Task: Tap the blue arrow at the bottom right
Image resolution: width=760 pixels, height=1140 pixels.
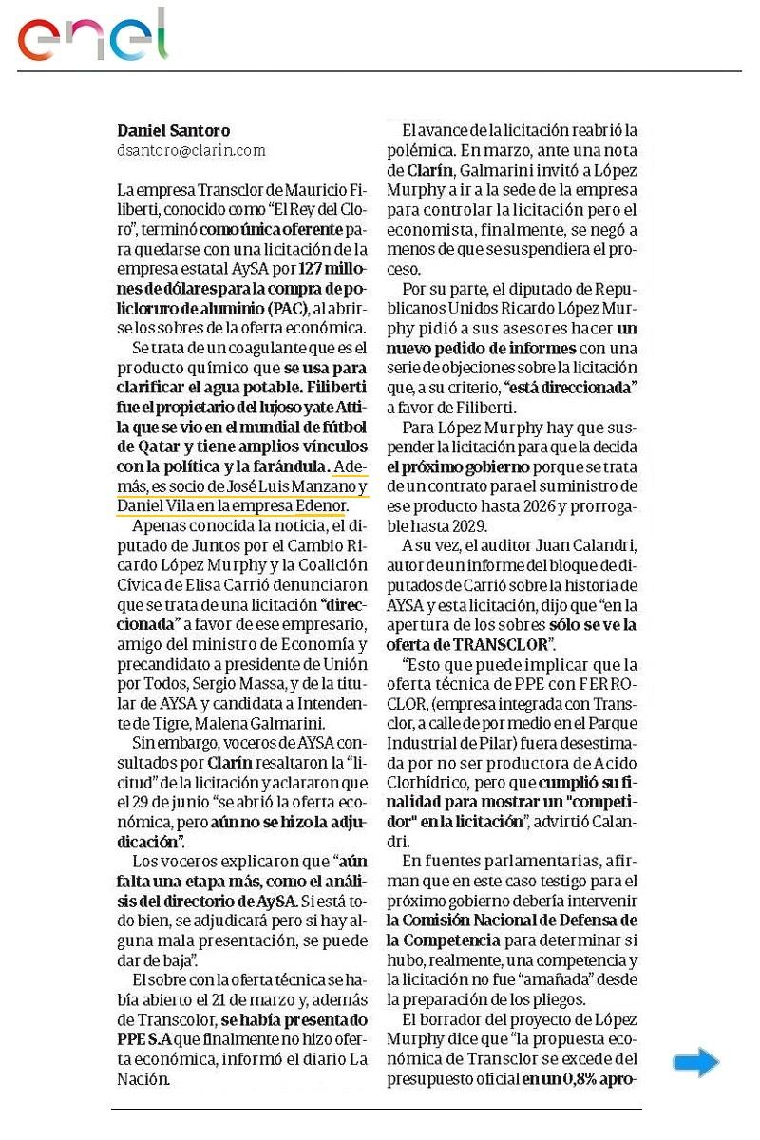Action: (x=695, y=1062)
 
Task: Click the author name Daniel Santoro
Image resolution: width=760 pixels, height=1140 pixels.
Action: (x=173, y=131)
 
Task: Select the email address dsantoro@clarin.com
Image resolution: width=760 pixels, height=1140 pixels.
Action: (x=191, y=150)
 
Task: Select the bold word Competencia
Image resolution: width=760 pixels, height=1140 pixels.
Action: (x=443, y=940)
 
